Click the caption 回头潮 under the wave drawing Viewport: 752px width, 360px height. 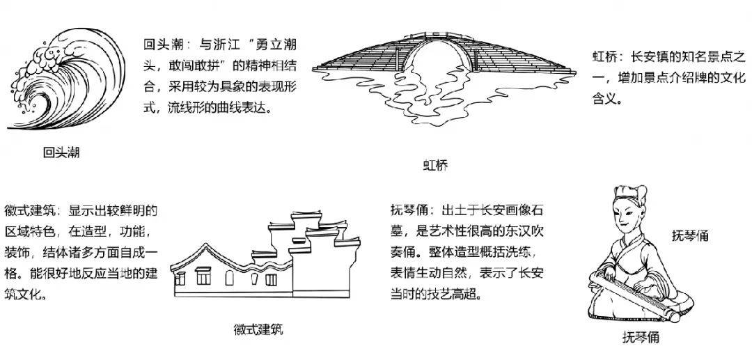click(x=61, y=153)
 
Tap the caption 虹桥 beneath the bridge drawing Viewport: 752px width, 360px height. click(x=435, y=166)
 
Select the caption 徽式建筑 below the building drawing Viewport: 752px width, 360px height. click(x=258, y=329)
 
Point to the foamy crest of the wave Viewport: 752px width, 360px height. click(x=45, y=60)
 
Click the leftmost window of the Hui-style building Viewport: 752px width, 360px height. click(x=180, y=278)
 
